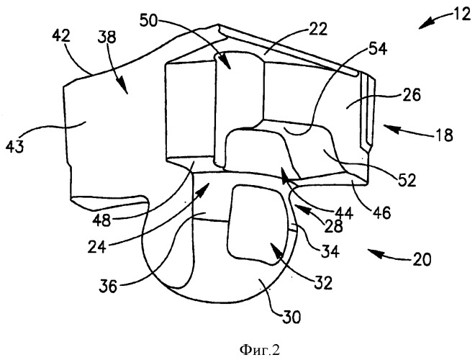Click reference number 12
point(462,14)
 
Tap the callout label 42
point(61,37)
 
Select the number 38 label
point(107,37)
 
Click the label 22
point(318,30)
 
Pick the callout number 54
point(377,48)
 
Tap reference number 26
point(412,95)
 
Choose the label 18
point(444,135)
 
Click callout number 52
point(407,180)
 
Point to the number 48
point(102,220)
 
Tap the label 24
point(97,247)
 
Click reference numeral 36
point(108,286)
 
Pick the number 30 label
point(291,318)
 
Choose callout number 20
point(421,260)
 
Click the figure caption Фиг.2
point(260,351)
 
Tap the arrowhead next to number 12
point(424,25)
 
